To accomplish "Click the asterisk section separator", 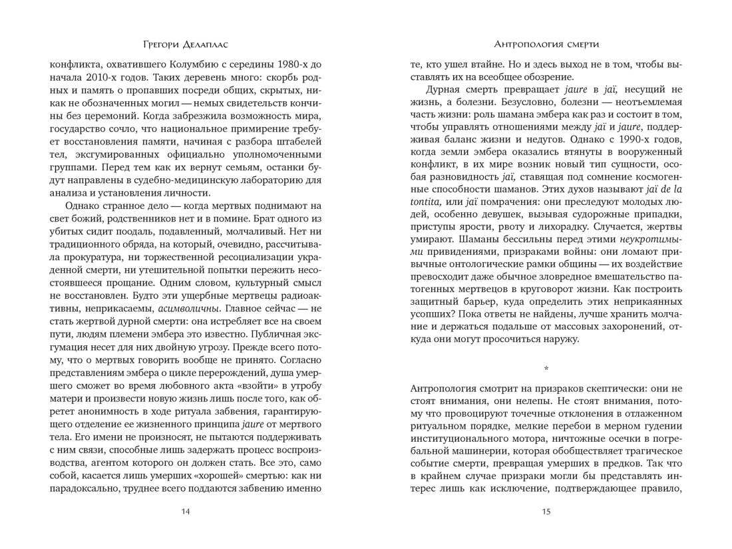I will [546, 368].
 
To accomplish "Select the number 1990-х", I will [633, 142].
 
